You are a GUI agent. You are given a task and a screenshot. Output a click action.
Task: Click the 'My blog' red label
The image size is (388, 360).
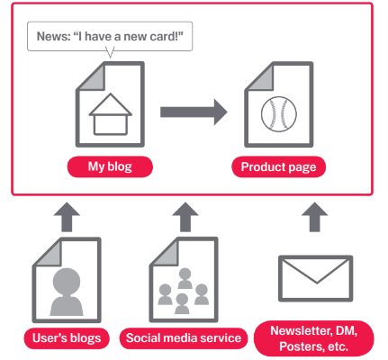point(110,166)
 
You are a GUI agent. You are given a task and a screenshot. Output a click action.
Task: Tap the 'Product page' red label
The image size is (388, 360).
point(278,166)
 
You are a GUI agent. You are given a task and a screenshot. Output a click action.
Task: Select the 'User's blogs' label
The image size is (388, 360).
point(67,338)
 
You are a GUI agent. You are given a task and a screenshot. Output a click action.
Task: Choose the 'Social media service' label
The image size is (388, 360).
point(184,338)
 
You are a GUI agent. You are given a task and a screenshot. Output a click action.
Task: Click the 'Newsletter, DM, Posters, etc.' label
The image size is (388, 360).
point(314,338)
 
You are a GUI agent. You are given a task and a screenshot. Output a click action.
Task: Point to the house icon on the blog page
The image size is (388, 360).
point(111,114)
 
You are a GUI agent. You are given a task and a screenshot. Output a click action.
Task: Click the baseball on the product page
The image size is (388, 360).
point(279,114)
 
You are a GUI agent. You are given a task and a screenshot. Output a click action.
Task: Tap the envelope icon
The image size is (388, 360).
point(316,278)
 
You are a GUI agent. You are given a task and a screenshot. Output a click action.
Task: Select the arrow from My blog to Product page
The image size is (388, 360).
point(194,112)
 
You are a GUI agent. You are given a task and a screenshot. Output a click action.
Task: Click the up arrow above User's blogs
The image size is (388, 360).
point(67,217)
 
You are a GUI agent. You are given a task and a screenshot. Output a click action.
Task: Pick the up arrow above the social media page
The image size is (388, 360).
point(185,217)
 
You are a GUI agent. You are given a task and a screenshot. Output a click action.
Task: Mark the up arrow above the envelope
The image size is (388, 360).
point(314,217)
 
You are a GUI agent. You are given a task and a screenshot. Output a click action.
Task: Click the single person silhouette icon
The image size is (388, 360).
point(67,292)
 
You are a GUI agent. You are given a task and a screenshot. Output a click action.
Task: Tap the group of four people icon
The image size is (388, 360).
point(184,291)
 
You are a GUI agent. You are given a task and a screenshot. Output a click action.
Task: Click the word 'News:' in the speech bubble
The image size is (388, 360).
point(53,36)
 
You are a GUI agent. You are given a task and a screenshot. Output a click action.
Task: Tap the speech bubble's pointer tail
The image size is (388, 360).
point(111,52)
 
